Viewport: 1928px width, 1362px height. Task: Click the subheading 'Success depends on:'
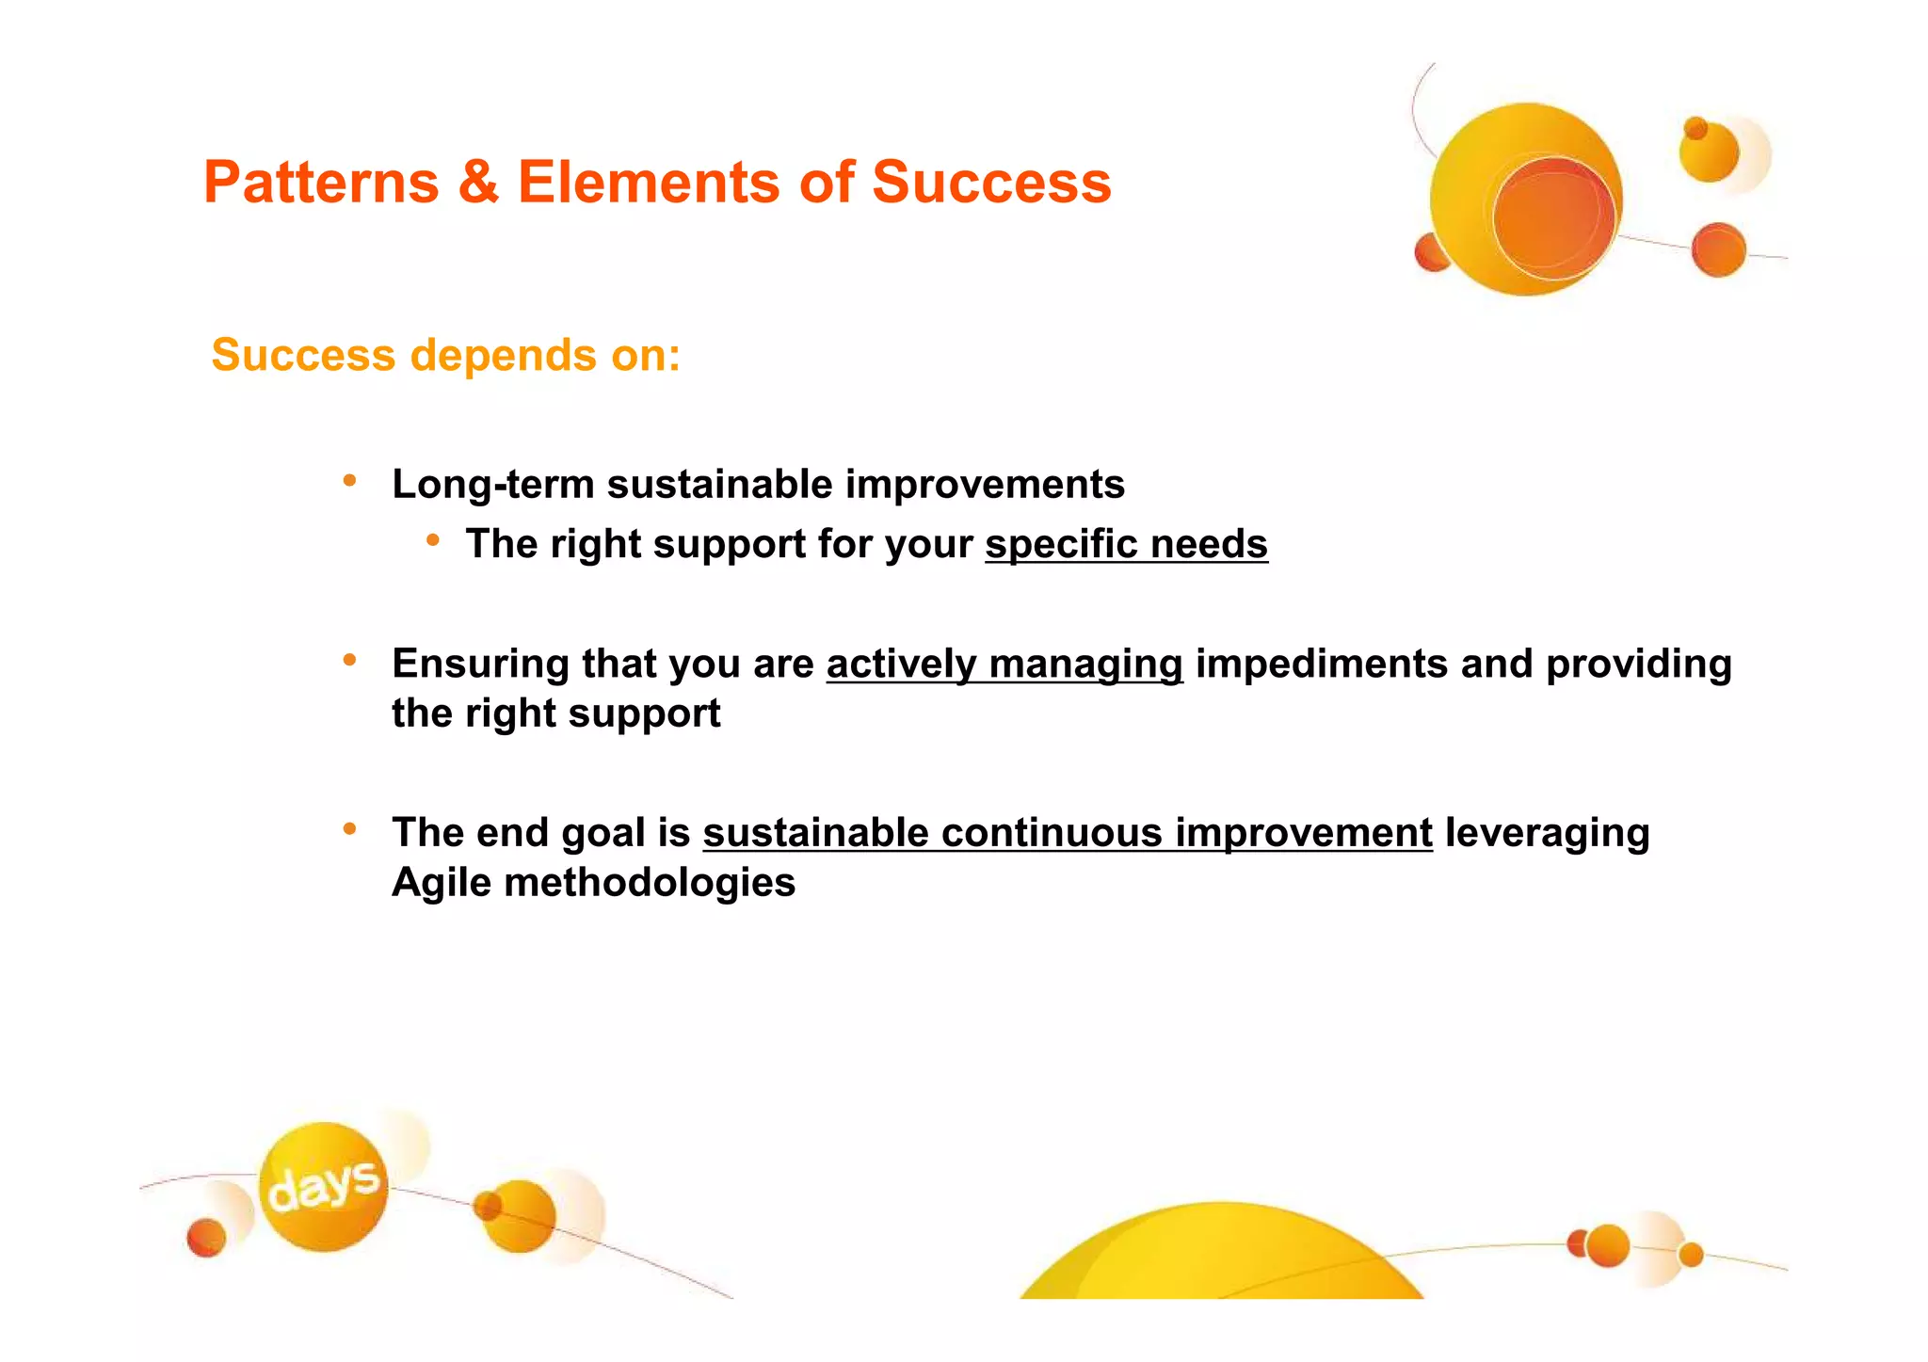[445, 356]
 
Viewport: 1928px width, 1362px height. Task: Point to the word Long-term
[493, 485]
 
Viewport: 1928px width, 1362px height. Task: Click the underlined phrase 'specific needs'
[1126, 545]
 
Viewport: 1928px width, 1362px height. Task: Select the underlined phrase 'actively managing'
[1004, 664]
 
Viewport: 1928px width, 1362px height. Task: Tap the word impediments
[1322, 664]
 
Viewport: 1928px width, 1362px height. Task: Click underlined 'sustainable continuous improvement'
[1067, 833]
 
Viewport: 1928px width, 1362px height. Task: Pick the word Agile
[442, 883]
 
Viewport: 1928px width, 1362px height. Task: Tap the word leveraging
[1547, 833]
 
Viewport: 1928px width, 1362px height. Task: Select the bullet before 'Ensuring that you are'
[349, 660]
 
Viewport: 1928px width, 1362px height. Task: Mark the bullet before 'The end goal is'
[349, 829]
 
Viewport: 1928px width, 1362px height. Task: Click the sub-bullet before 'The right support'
[432, 540]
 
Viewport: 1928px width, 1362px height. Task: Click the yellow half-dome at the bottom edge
[1220, 1257]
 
